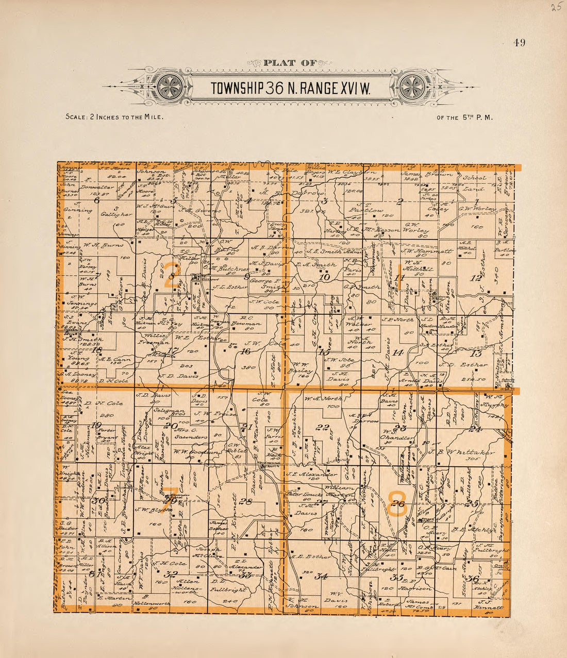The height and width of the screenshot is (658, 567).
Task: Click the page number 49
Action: click(x=519, y=43)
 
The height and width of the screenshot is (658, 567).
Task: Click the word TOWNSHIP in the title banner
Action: click(x=237, y=89)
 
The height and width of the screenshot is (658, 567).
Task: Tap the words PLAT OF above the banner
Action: click(x=289, y=63)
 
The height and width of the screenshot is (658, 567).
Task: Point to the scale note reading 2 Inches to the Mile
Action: click(x=114, y=117)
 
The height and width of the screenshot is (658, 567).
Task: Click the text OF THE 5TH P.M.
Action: click(x=464, y=117)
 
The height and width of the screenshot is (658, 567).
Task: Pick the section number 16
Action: click(x=245, y=351)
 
